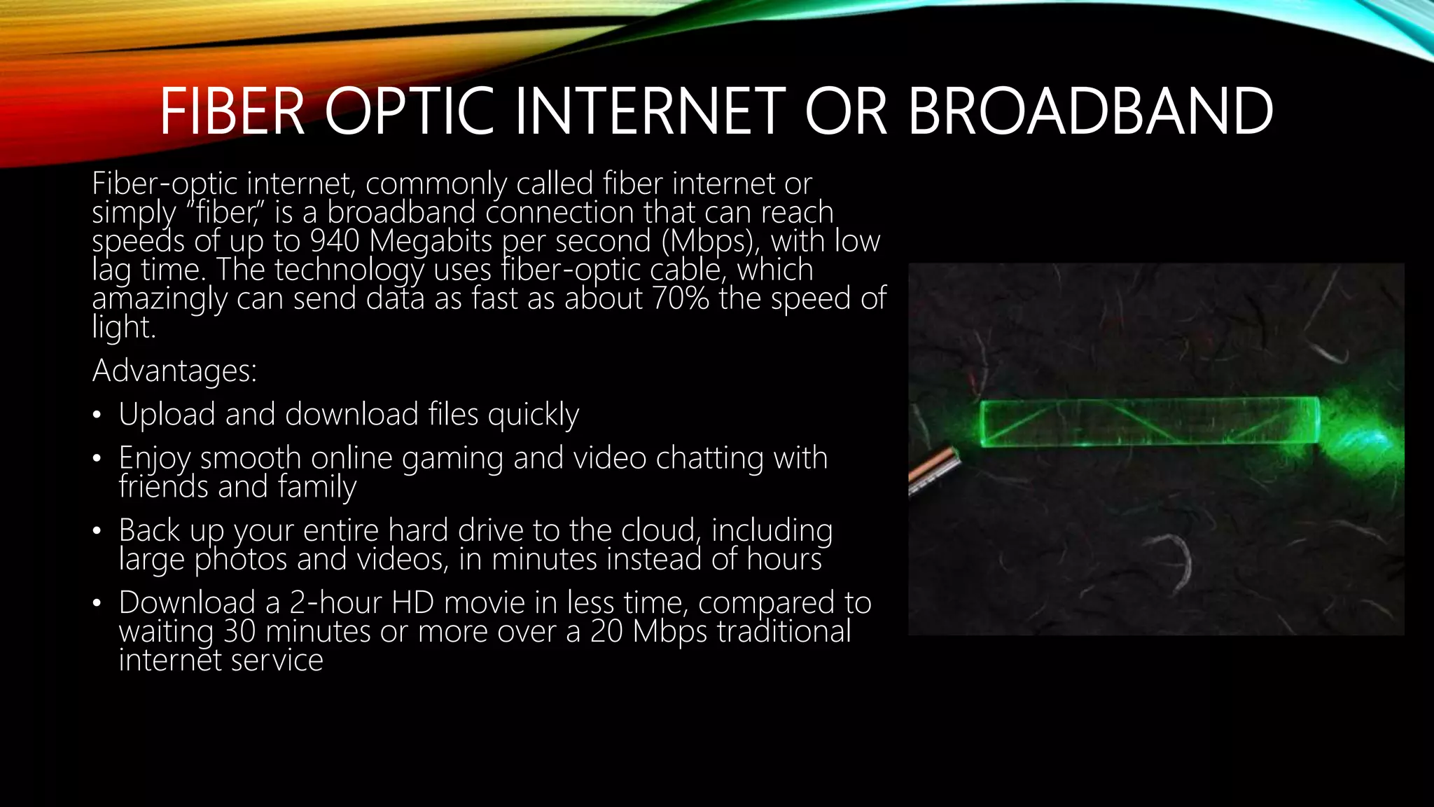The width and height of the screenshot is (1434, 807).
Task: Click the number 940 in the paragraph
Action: tap(335, 241)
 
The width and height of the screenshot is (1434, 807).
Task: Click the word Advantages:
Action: tap(174, 371)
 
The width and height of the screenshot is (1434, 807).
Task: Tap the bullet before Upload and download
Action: tap(97, 415)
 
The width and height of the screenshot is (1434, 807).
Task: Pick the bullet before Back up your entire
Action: tap(97, 531)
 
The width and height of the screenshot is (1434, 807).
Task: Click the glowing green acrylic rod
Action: tap(1148, 422)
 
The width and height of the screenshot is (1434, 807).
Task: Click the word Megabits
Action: tap(431, 241)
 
